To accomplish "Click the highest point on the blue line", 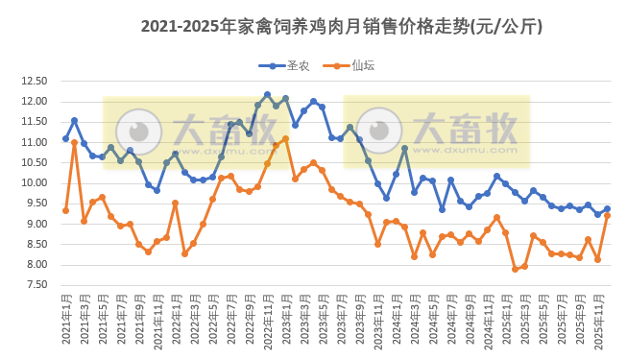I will click(267, 94).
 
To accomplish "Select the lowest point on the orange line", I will click(515, 269).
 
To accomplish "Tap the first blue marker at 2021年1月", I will click(65, 138).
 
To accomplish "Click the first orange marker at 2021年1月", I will click(65, 210).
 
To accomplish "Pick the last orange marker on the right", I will click(607, 215).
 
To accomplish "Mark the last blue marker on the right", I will click(607, 208).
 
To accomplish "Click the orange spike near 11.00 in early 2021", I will click(74, 142).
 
